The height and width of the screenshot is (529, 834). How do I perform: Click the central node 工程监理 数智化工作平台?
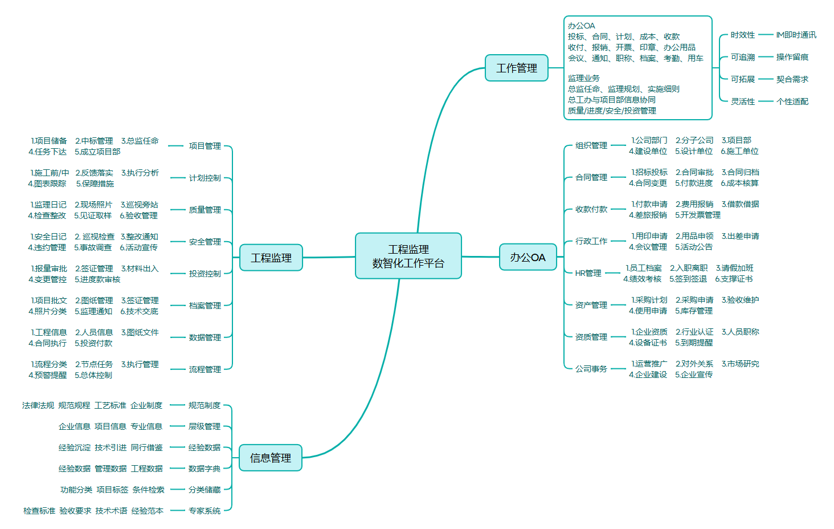click(x=408, y=256)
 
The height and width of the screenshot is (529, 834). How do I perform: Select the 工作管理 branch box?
click(x=516, y=68)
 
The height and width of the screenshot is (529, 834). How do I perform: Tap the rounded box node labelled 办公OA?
click(x=528, y=257)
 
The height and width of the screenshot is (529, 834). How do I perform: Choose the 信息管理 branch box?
click(x=270, y=458)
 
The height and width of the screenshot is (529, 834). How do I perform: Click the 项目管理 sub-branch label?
click(x=205, y=146)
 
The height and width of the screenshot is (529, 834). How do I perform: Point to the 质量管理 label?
click(x=205, y=210)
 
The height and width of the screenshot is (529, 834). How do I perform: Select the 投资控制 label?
click(x=205, y=274)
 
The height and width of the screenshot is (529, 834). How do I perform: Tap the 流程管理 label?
click(x=205, y=369)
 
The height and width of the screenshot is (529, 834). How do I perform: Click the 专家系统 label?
click(x=204, y=511)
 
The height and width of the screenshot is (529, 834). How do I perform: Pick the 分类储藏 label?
click(x=204, y=490)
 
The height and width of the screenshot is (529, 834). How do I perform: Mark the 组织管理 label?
click(x=591, y=145)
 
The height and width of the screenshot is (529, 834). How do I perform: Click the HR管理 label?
click(x=588, y=273)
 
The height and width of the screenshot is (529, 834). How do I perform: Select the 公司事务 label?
click(x=591, y=369)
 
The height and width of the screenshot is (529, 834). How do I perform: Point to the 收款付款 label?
click(x=591, y=209)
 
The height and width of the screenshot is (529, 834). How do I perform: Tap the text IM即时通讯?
click(x=796, y=35)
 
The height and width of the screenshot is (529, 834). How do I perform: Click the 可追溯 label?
click(x=742, y=57)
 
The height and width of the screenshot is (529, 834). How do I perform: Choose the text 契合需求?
click(x=792, y=79)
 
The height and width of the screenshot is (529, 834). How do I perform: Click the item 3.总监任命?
click(x=140, y=141)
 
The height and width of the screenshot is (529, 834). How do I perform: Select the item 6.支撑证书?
click(x=734, y=279)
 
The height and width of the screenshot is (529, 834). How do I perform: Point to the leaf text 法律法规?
click(x=38, y=405)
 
